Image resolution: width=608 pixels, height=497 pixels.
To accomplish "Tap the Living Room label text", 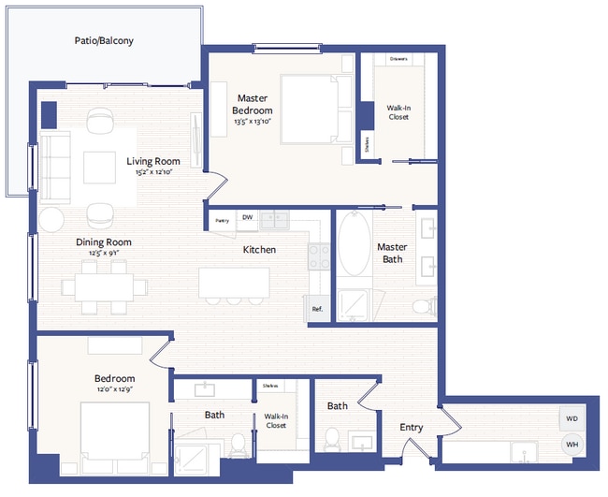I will coord(153,161).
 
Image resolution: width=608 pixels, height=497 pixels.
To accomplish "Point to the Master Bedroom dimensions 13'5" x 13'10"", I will coord(253,122).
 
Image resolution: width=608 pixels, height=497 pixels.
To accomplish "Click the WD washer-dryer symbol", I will coord(571,419).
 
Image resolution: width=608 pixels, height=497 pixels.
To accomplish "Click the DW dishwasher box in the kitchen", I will coord(247,219).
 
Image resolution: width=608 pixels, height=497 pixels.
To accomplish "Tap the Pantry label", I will coord(222,220).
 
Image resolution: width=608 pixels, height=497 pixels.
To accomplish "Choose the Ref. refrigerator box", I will coord(317,309).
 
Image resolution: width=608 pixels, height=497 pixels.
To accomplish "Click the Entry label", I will coord(412,428).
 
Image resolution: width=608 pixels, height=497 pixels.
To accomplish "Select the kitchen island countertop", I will coord(234,282).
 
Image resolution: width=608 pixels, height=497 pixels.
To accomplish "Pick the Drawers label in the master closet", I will coord(398,59).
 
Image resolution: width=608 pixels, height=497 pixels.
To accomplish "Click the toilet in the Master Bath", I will coord(422,305).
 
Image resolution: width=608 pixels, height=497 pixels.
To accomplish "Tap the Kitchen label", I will coord(259,250).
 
